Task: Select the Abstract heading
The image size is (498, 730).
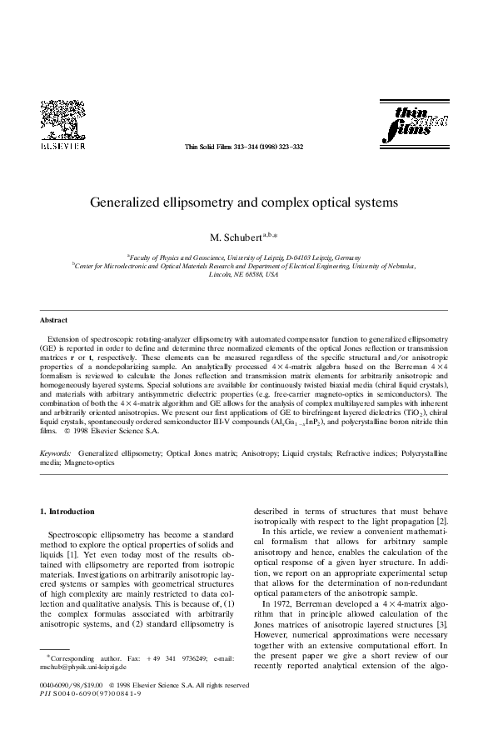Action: (x=53, y=320)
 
